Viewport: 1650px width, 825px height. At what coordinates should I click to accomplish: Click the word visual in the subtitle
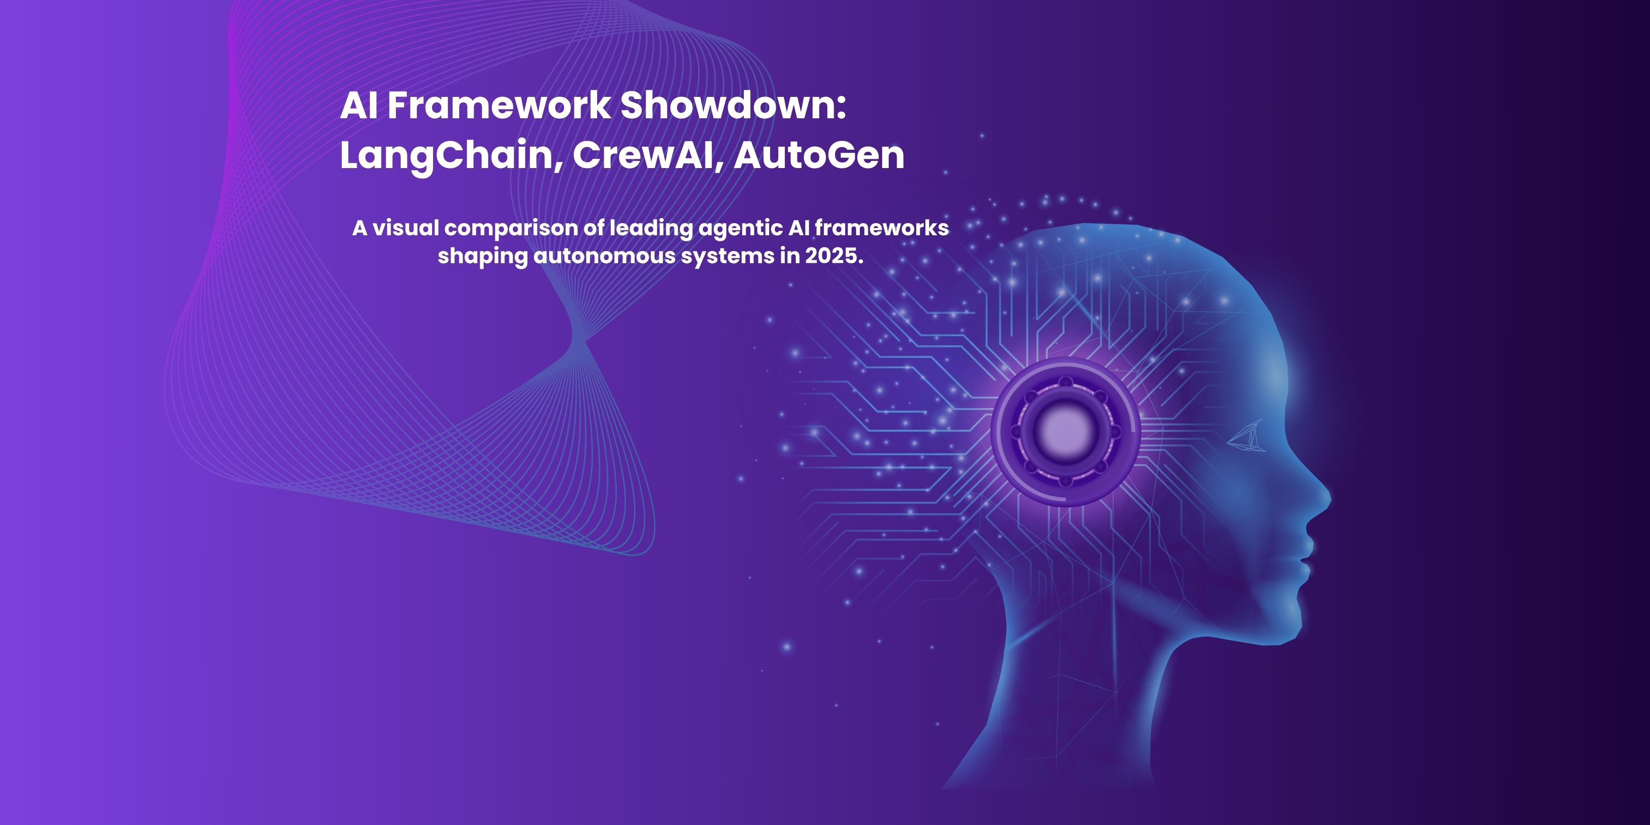(406, 227)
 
